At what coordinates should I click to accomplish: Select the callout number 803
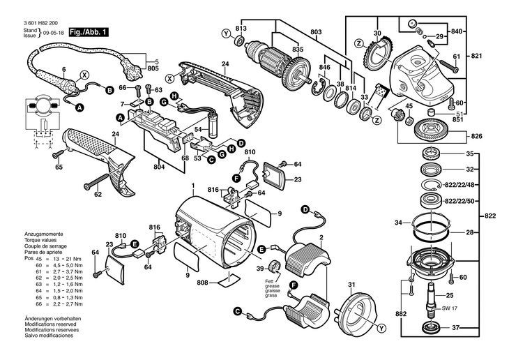[316, 33]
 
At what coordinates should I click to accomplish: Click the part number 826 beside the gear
[477, 135]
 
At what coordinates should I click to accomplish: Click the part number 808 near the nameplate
[202, 283]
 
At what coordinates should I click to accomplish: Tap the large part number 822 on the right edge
[490, 216]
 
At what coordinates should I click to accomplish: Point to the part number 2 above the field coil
[321, 239]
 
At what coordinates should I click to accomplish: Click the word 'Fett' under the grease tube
[268, 281]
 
